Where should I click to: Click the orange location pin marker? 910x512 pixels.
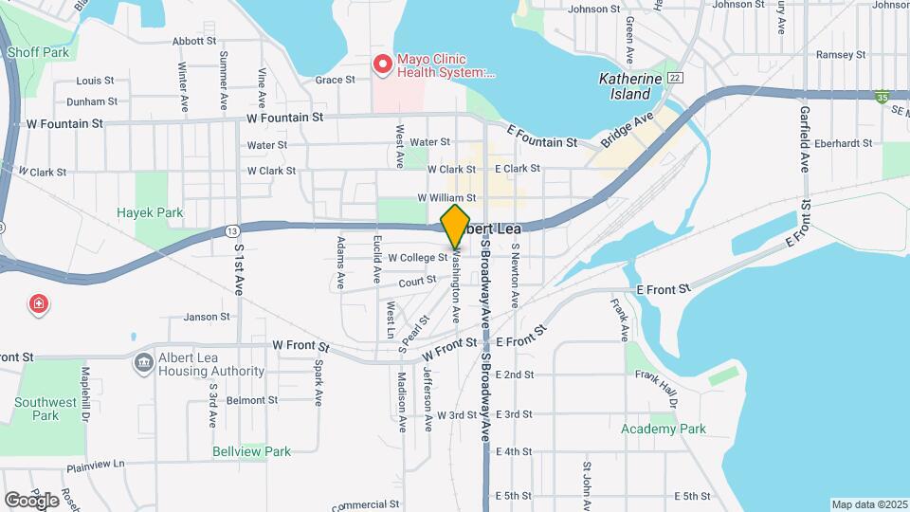pos(456,226)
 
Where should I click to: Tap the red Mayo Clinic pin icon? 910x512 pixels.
pos(382,64)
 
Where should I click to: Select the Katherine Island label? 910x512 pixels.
pos(625,86)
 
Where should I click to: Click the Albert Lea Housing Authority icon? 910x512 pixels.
pos(144,362)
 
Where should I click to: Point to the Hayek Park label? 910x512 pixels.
pos(150,213)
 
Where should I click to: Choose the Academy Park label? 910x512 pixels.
pos(664,429)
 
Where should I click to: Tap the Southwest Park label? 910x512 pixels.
pos(45,409)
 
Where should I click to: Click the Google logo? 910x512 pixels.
pos(31,500)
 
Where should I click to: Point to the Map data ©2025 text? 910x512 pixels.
pos(868,504)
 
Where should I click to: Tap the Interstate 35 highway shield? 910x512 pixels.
pos(883,96)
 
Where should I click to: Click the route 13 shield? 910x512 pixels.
pos(232,230)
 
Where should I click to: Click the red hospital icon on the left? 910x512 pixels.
pos(40,304)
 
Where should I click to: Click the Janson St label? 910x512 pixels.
pos(207,317)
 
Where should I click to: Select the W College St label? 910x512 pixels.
pos(417,257)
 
